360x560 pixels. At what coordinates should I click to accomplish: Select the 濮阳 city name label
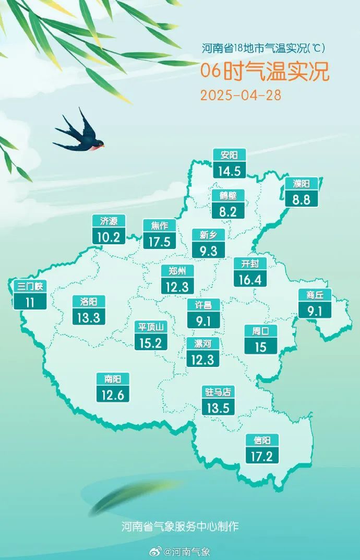[x=301, y=183]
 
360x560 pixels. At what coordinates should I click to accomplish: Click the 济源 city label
[x=109, y=221]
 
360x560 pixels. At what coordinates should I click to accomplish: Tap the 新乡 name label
[x=208, y=235]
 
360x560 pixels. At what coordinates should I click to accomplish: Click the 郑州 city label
[x=177, y=270]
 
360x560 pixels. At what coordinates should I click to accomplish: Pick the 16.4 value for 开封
[x=250, y=279]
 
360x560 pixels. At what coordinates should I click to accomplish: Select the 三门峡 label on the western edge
[x=30, y=286]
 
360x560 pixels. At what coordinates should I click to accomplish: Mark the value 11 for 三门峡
[x=30, y=302]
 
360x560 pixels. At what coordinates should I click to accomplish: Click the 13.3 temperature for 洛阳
[x=89, y=317]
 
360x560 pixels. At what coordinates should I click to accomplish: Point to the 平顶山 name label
[x=150, y=327]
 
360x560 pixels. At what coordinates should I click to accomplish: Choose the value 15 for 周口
[x=260, y=346]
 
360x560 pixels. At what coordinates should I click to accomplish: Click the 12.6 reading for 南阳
[x=112, y=395]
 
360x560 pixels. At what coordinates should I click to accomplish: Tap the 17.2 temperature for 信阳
[x=262, y=456]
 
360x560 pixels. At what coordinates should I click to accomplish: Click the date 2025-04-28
[x=241, y=96]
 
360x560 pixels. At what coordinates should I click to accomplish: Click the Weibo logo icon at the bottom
[x=155, y=551]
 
